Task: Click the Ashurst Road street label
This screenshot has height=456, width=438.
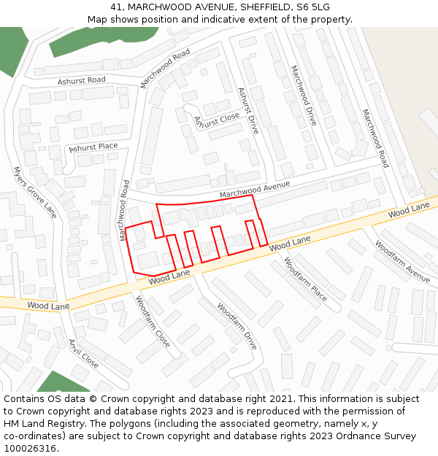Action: click(x=82, y=80)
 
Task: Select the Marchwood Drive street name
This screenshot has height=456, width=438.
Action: click(x=304, y=95)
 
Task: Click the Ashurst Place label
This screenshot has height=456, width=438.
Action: click(x=93, y=147)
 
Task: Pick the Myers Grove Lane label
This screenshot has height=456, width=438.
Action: click(x=34, y=192)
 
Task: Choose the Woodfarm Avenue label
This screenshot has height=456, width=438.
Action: click(x=402, y=260)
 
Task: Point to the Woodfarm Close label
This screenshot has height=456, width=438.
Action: click(x=153, y=320)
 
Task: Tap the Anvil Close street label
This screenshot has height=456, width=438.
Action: click(x=83, y=353)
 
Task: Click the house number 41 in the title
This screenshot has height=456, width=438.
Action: click(x=116, y=7)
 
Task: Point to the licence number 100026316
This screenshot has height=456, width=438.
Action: click(x=31, y=448)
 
